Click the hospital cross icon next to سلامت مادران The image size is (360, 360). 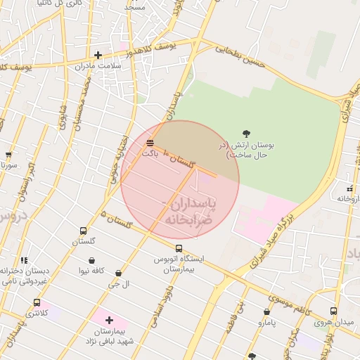tap(98, 55)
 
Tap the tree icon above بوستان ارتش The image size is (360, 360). tap(246, 133)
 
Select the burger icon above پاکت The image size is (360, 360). tap(150, 143)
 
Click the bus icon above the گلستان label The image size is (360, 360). tap(84, 231)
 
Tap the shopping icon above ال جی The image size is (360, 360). tap(118, 273)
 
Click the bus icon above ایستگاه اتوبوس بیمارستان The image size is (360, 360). tap(179, 248)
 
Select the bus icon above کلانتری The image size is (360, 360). tap(37, 302)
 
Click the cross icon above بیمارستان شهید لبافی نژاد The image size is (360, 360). tap(109, 320)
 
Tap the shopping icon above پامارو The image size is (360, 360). tap(266, 311)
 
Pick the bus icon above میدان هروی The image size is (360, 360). tap(333, 311)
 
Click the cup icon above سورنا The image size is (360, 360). tap(8, 155)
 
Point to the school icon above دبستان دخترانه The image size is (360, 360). tap(25, 260)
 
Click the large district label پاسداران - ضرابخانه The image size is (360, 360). tap(191, 211)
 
